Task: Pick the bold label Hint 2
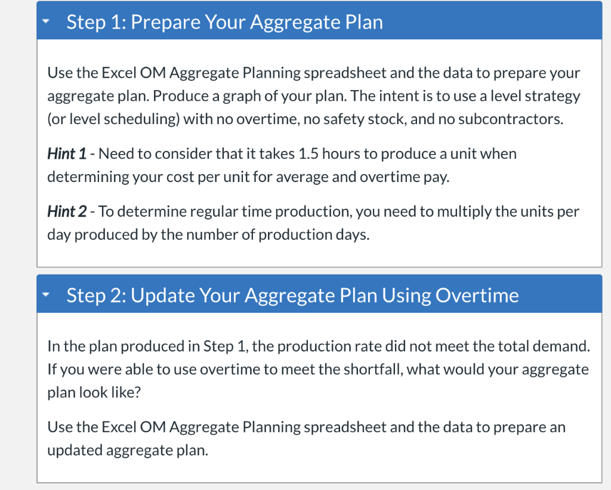pos(67,212)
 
